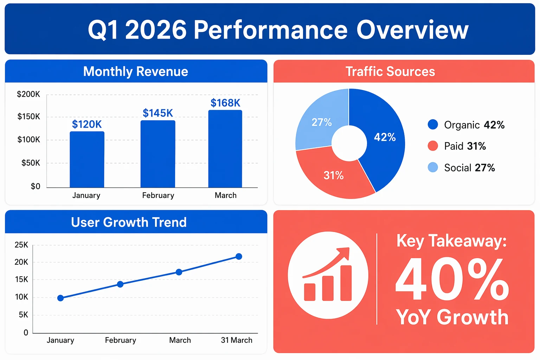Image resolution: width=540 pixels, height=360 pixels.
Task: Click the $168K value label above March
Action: pyautogui.click(x=225, y=103)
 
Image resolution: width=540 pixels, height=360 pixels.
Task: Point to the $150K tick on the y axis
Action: pyautogui.click(x=29, y=117)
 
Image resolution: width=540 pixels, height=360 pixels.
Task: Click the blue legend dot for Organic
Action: pyautogui.click(x=433, y=124)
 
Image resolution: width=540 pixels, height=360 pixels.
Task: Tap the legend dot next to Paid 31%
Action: pyautogui.click(x=433, y=146)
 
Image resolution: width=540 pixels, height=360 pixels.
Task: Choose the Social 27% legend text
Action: pyautogui.click(x=469, y=168)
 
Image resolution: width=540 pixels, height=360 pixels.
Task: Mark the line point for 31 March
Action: pyautogui.click(x=239, y=256)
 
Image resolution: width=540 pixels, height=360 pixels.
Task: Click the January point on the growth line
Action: pyautogui.click(x=60, y=298)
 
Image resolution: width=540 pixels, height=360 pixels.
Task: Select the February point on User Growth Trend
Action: pyautogui.click(x=120, y=284)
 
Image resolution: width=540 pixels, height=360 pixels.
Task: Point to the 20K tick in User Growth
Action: pyautogui.click(x=21, y=262)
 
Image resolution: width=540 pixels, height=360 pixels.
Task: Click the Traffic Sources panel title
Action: pyautogui.click(x=390, y=71)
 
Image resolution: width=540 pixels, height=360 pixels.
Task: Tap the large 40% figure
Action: pyautogui.click(x=452, y=279)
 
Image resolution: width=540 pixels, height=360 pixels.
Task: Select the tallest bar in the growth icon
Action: pyautogui.click(x=346, y=283)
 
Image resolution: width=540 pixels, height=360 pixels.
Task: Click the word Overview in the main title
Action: pyautogui.click(x=412, y=30)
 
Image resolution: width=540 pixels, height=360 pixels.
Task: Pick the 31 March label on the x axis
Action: pyautogui.click(x=237, y=340)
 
